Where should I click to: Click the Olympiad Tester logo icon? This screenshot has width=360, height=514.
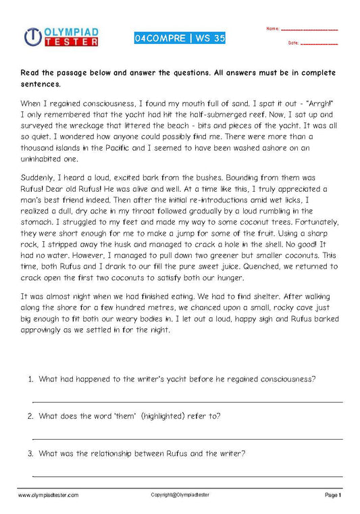[33, 37]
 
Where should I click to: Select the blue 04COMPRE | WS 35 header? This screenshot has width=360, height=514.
[180, 38]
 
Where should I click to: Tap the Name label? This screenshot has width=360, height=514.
[272, 29]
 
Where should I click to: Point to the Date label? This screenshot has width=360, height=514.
[293, 43]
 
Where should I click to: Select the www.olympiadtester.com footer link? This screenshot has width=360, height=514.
[48, 495]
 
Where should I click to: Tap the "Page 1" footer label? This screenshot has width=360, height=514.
[333, 495]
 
